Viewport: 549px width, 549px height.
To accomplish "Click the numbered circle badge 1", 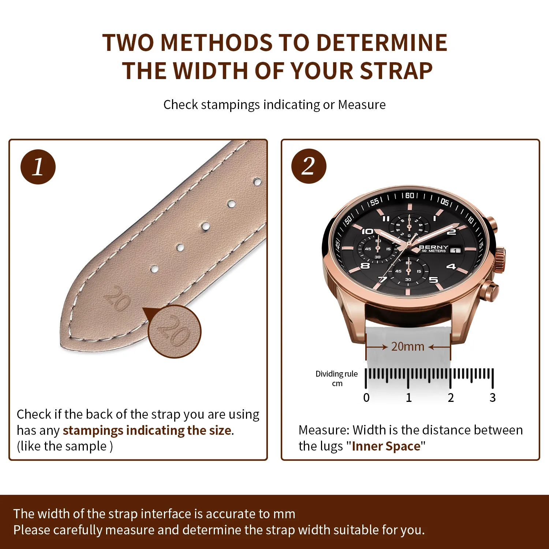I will [x=38, y=167].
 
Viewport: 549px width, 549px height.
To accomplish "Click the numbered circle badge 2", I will [x=309, y=166].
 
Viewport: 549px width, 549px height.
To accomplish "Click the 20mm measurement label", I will [x=408, y=346].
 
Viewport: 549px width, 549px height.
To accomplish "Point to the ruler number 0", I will [x=366, y=397].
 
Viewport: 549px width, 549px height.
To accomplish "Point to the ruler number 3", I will [x=493, y=397].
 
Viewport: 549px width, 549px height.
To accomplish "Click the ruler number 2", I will [x=451, y=397].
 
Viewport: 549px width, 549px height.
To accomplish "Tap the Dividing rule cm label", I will [x=337, y=378].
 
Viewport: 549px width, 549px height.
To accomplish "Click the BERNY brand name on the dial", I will [x=433, y=247].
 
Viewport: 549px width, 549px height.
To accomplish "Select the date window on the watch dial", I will [x=455, y=251].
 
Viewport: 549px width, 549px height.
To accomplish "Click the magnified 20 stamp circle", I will [x=175, y=332].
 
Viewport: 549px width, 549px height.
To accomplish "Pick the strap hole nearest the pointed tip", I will [x=154, y=269].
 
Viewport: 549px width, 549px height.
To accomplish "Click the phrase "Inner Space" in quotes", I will [x=386, y=446].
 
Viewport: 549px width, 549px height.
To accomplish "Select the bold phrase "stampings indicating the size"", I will [x=147, y=430].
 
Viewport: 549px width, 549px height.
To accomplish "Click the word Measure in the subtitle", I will [x=362, y=105].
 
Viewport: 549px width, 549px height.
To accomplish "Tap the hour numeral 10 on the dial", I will [x=367, y=231].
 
